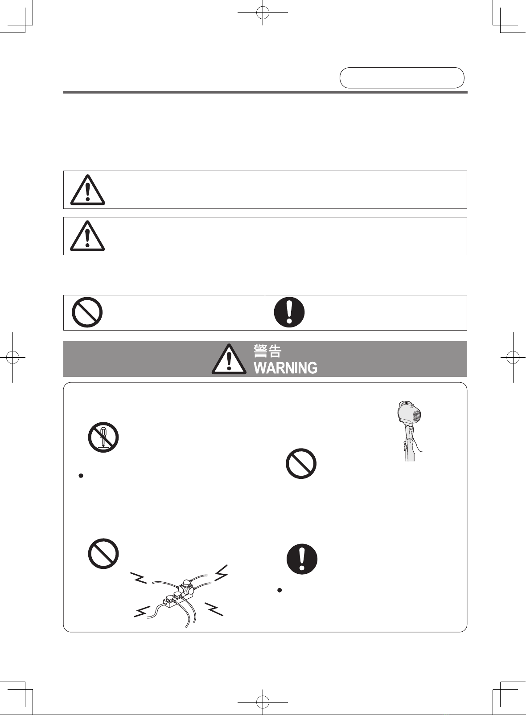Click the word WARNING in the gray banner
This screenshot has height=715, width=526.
[x=286, y=368]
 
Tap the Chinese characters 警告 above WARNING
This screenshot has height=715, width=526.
[x=267, y=351]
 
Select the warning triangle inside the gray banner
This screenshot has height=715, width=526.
[x=229, y=359]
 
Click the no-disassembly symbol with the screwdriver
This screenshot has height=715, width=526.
[x=103, y=437]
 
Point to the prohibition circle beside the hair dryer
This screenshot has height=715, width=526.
[x=301, y=463]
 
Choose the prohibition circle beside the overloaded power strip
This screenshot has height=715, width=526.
[x=103, y=553]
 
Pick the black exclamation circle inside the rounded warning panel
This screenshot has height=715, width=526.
[x=302, y=559]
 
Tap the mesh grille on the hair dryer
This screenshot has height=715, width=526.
[x=417, y=415]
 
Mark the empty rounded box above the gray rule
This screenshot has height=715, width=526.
[x=402, y=78]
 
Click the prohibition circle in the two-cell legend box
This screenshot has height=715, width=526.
[x=87, y=312]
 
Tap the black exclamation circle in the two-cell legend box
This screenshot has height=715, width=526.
[x=289, y=312]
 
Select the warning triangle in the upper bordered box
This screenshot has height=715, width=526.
[x=87, y=190]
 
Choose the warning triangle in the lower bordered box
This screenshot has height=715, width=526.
[x=87, y=236]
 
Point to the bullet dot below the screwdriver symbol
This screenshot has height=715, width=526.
[x=81, y=476]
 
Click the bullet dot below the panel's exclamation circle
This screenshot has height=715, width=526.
[x=279, y=590]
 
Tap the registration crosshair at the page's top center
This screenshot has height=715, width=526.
[x=263, y=13]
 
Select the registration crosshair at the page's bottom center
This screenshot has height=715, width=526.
[x=263, y=702]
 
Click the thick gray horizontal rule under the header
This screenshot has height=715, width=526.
[x=265, y=92]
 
